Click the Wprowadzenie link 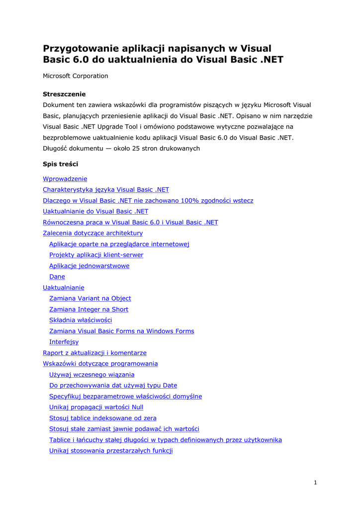pyautogui.click(x=65, y=179)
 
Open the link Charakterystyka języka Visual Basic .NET pyautogui.click(x=105, y=190)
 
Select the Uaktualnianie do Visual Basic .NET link pyautogui.click(x=95, y=211)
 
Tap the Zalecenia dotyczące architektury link pyautogui.click(x=92, y=233)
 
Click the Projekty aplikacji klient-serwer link pyautogui.click(x=96, y=255)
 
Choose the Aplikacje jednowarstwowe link pyautogui.click(x=89, y=266)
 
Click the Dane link pyautogui.click(x=57, y=277)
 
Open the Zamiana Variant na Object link pyautogui.click(x=90, y=299)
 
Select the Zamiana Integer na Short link pyautogui.click(x=89, y=310)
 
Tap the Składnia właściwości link pyautogui.click(x=81, y=320)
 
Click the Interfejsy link pyautogui.click(x=64, y=342)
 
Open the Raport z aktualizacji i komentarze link pyautogui.click(x=94, y=353)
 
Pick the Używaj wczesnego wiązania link pyautogui.click(x=91, y=375)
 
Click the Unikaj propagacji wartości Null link pyautogui.click(x=96, y=407)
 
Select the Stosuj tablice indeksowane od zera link pyautogui.click(x=102, y=418)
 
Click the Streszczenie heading pyautogui.click(x=64, y=94)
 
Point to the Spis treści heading pyautogui.click(x=60, y=164)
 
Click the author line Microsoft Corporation pyautogui.click(x=75, y=76)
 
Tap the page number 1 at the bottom pyautogui.click(x=315, y=483)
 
